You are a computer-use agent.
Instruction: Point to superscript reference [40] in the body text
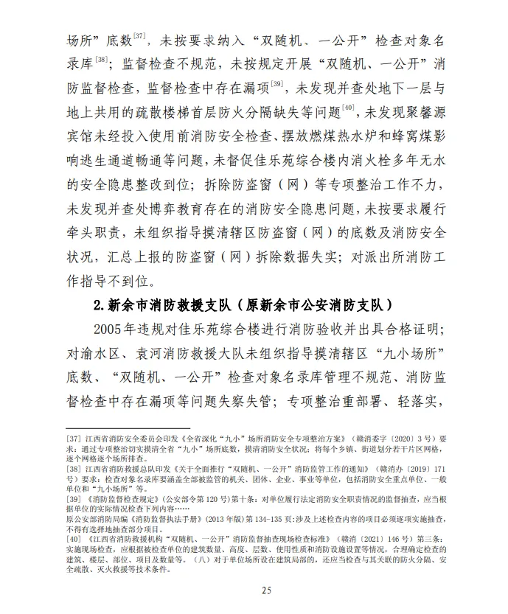pyautogui.click(x=349, y=110)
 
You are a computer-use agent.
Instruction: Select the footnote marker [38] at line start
pyautogui.click(x=74, y=468)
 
